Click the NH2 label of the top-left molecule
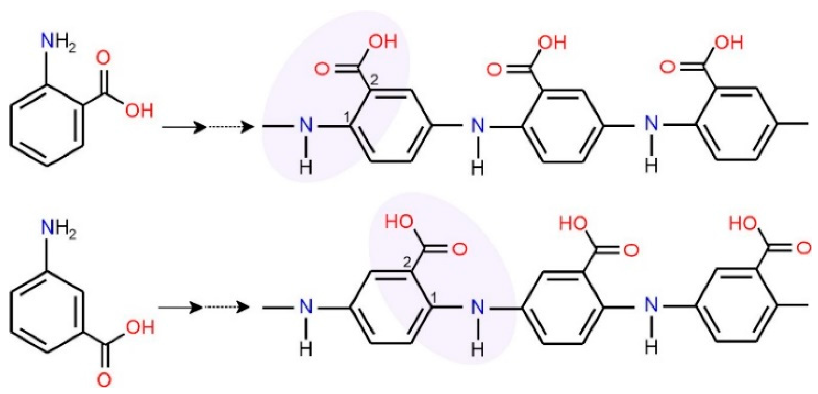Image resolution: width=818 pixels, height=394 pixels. [x=58, y=42]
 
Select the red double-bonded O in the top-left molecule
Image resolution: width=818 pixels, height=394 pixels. [x=103, y=58]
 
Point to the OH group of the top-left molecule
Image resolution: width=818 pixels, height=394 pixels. [x=139, y=111]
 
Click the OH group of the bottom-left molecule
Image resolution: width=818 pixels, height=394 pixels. [x=140, y=327]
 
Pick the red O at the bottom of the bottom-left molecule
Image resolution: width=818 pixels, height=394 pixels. [x=104, y=380]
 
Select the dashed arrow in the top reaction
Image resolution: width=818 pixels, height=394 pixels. [x=231, y=127]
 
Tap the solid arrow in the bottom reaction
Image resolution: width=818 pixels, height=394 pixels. [x=181, y=308]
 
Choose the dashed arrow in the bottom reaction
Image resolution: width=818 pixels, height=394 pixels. [x=227, y=308]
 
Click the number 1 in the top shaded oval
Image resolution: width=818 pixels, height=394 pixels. [x=346, y=117]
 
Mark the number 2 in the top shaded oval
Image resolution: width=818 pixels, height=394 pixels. [x=374, y=80]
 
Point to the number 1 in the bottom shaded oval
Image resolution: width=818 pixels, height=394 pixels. [x=434, y=298]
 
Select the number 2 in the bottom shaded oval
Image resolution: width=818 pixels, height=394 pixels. [x=407, y=262]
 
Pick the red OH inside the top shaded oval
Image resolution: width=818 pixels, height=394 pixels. [x=383, y=41]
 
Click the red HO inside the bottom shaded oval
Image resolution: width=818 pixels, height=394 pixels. [x=399, y=222]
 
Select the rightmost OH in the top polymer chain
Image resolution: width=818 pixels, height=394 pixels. [x=729, y=43]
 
